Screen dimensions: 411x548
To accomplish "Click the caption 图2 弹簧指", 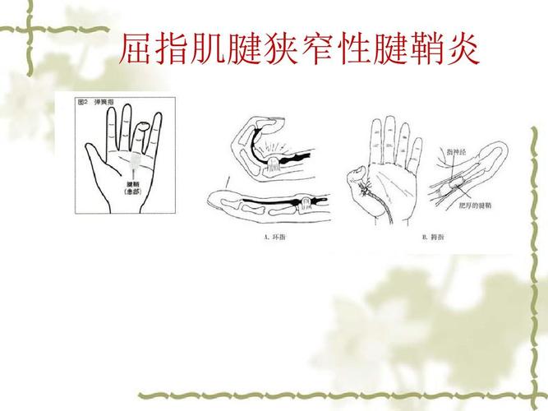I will (x=95, y=104).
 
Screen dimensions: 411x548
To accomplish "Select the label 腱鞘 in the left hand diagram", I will (x=132, y=184).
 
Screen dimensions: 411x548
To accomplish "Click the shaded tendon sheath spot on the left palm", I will (x=136, y=161).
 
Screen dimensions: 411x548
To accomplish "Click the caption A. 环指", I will (x=274, y=238).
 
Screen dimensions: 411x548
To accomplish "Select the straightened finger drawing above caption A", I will (x=271, y=202).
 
